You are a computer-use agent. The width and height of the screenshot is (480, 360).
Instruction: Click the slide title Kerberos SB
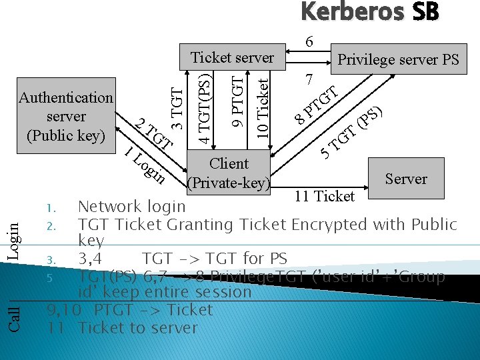pyautogui.click(x=369, y=13)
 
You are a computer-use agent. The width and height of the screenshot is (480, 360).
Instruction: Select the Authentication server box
pyautogui.click(x=66, y=117)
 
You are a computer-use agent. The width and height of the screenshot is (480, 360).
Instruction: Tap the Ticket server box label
pyautogui.click(x=232, y=57)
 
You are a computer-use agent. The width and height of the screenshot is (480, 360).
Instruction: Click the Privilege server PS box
pyautogui.click(x=398, y=59)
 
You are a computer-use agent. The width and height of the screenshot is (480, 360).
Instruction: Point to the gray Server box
pyautogui.click(x=405, y=179)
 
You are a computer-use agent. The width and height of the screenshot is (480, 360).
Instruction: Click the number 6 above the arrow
pyautogui.click(x=309, y=41)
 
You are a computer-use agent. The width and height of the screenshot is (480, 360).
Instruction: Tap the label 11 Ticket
pyautogui.click(x=325, y=196)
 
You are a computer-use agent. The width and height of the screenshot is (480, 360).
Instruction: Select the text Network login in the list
pyautogui.click(x=131, y=207)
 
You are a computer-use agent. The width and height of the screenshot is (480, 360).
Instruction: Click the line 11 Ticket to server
pyautogui.click(x=123, y=327)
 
